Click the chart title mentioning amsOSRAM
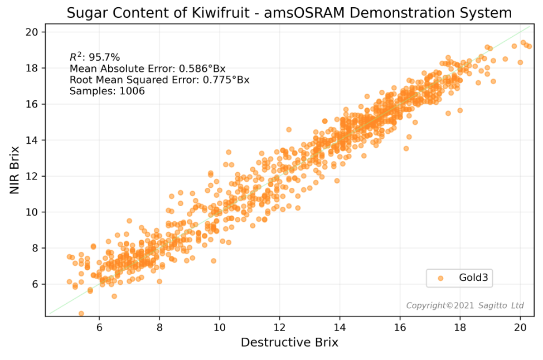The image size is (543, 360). (289, 13)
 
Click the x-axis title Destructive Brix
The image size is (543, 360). (289, 342)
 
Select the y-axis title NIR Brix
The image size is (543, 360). (15, 170)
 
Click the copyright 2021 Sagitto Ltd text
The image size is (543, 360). (465, 305)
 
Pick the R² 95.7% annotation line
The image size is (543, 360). (95, 57)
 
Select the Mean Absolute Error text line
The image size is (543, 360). (148, 69)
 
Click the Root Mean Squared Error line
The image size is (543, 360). (159, 80)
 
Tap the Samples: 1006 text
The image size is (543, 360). (107, 91)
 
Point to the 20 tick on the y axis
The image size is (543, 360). (32, 32)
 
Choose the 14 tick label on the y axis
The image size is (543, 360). (32, 140)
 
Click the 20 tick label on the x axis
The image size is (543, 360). (520, 325)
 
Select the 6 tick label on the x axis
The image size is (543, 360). (99, 325)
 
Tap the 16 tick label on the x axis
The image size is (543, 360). (400, 325)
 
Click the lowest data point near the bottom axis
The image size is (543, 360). (81, 314)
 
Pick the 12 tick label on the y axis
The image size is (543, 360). (32, 176)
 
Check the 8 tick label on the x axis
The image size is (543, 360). (159, 325)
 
